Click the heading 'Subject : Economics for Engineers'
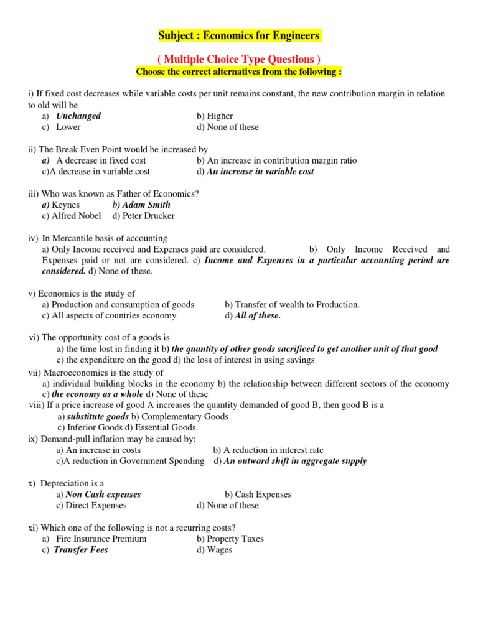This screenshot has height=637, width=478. [x=239, y=35]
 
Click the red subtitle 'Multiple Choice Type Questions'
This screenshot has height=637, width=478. [x=239, y=59]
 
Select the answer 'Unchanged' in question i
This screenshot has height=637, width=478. [x=78, y=116]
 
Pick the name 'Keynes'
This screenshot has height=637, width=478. [x=65, y=205]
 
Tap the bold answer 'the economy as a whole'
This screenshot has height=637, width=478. [x=96, y=394]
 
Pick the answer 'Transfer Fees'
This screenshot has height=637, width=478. [x=81, y=550]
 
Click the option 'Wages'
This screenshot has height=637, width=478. [x=220, y=550]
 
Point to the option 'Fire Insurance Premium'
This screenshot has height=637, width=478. [x=101, y=539]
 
